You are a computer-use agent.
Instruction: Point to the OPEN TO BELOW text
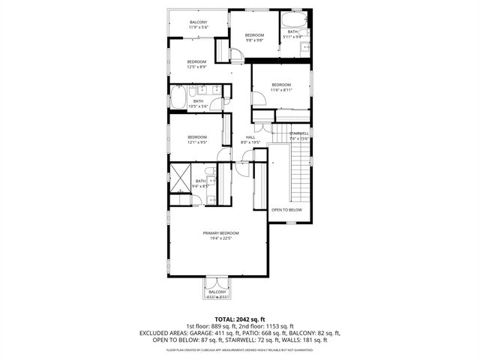286,210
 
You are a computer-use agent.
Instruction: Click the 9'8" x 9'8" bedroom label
254,38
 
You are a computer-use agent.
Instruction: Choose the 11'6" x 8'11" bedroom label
280,87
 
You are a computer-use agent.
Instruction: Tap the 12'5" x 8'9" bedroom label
196,64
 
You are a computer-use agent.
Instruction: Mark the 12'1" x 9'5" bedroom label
196,139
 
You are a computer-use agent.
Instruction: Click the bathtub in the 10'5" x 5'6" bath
179,98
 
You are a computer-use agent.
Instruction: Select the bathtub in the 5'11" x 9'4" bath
291,20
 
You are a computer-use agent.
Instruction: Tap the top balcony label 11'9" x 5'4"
198,25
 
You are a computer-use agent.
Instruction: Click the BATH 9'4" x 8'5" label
201,182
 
